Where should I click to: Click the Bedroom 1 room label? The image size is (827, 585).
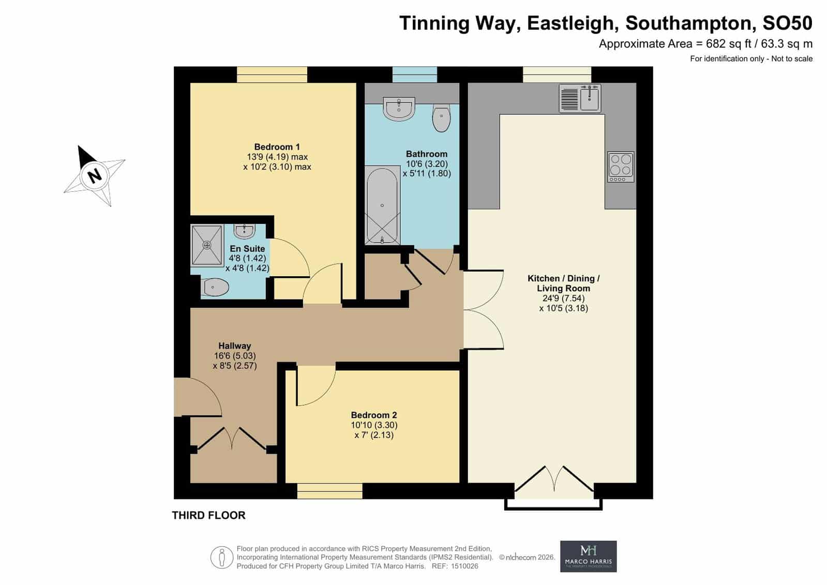pos(277,147)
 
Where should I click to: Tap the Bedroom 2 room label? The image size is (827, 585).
pos(373,415)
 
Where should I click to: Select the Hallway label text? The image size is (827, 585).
pos(234,346)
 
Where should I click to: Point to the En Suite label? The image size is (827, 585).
pos(247,249)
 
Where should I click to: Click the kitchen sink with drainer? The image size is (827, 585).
pos(580,98)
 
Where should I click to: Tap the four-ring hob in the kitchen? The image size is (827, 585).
pos(621,167)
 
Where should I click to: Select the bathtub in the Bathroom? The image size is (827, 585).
pos(382,205)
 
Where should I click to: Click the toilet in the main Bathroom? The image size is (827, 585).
pos(441,117)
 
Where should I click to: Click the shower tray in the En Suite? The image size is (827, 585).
pos(207,245)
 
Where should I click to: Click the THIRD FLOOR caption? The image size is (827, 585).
pos(208,515)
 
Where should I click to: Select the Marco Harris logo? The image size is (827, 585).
pos(588,557)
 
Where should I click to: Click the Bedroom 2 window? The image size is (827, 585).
pos(329,491)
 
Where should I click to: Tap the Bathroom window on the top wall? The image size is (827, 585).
pos(415,74)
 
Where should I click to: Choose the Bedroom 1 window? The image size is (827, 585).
pos(272,74)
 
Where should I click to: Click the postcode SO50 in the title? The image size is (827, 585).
pos(788,23)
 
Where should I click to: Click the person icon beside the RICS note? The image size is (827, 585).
pos(222,558)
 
